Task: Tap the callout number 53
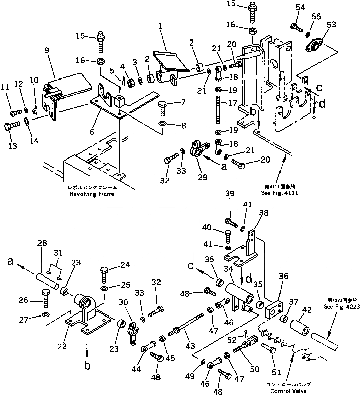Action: tap(331, 24)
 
